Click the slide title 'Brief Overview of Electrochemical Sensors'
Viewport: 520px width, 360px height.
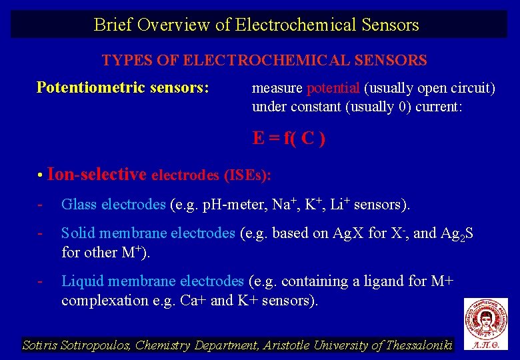pyautogui.click(x=257, y=25)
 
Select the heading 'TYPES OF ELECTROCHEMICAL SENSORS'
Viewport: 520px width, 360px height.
pyautogui.click(x=264, y=61)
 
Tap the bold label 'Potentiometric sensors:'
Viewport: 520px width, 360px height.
pyautogui.click(x=123, y=87)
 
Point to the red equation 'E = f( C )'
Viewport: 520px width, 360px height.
pyautogui.click(x=289, y=139)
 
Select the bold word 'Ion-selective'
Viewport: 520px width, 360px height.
pyautogui.click(x=97, y=175)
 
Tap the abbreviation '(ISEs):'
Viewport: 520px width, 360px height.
pyautogui.click(x=248, y=176)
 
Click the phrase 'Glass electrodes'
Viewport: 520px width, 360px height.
pyautogui.click(x=113, y=204)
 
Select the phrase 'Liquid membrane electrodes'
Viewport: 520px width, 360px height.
pyautogui.click(x=153, y=281)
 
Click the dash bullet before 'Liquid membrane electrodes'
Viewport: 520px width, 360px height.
pyautogui.click(x=41, y=281)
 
